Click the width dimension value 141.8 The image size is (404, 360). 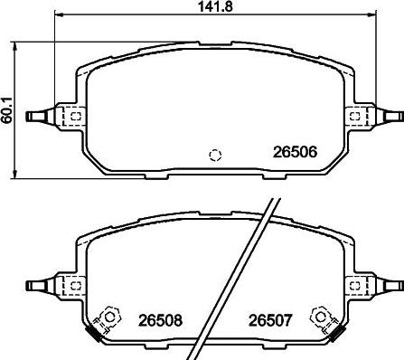coord(213,8)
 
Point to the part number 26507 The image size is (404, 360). coord(269,318)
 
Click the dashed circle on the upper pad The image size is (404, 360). coord(215,154)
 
